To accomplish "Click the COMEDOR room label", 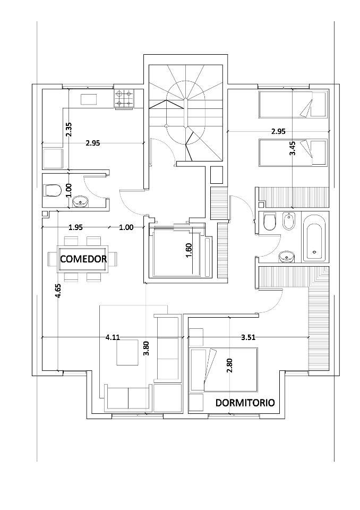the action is tap(83, 259).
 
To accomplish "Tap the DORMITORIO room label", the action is tap(245, 403).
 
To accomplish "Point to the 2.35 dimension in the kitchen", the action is tap(68, 129).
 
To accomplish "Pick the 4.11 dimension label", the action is tap(113, 337).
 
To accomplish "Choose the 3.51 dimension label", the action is tap(248, 337).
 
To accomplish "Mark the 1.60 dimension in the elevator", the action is tap(190, 250).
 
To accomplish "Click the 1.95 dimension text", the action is tap(75, 227).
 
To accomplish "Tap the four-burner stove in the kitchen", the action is tap(124, 99).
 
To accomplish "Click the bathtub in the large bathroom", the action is tap(314, 237).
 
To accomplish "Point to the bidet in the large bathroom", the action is tap(287, 222).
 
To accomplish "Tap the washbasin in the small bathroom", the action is tap(80, 202).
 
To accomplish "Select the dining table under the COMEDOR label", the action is tap(83, 259).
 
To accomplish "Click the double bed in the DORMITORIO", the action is tap(225, 370).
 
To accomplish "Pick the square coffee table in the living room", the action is tap(128, 353).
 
